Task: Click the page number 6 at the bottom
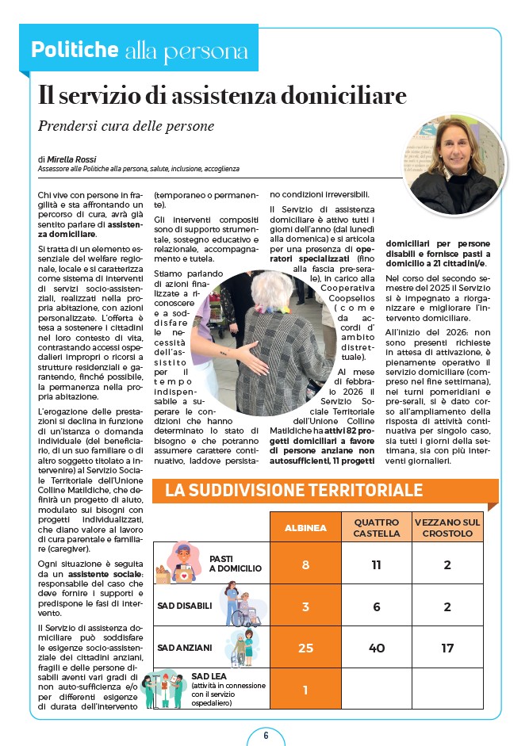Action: click(x=266, y=734)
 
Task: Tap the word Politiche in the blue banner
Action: click(x=74, y=49)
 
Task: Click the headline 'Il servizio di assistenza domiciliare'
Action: click(x=222, y=96)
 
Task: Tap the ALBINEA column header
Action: click(x=305, y=527)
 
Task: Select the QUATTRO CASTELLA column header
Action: click(x=376, y=527)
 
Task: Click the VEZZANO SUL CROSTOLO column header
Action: click(x=447, y=527)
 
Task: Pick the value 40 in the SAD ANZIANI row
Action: click(x=376, y=648)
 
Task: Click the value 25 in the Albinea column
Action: click(x=305, y=648)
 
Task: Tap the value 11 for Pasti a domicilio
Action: click(x=376, y=564)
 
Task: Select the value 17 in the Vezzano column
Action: click(x=447, y=648)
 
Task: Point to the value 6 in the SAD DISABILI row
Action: click(x=376, y=606)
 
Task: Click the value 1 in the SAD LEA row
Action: click(x=305, y=690)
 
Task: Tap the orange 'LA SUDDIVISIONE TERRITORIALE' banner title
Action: click(x=293, y=490)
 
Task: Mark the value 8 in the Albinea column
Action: click(x=305, y=564)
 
